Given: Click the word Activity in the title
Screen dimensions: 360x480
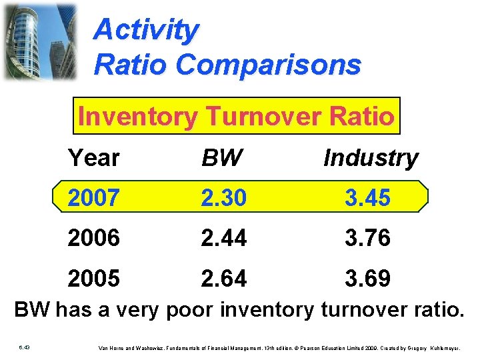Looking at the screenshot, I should [146, 30].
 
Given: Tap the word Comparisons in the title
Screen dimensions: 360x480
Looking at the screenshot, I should [269, 65].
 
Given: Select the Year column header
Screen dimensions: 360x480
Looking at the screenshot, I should [93, 159].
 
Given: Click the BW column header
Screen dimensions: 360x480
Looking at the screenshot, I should [222, 159].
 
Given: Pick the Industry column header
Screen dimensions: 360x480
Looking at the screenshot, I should [370, 159].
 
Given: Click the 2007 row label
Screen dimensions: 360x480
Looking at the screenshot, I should [93, 198].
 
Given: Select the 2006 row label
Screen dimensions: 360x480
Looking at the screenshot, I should [93, 238].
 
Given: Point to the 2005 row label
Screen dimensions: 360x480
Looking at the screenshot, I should [93, 278].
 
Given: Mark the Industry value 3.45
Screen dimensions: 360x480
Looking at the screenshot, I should [367, 198].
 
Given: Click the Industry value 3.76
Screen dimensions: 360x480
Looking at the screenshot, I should [367, 238].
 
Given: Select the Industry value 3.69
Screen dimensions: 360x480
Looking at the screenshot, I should [367, 278].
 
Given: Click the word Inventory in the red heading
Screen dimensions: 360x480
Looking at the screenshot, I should [137, 117].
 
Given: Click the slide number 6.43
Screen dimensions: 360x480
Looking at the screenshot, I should [23, 347].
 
